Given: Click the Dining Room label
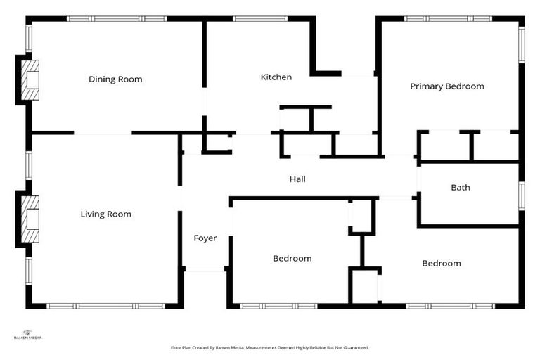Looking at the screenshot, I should click(115, 79).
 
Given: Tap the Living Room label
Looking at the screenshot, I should click(105, 214).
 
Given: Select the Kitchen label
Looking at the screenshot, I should click(276, 77).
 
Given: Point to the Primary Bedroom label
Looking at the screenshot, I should click(447, 86).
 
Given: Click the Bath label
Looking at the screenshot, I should click(461, 188).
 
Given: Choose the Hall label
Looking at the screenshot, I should click(297, 179).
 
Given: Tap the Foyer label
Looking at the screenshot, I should click(205, 238).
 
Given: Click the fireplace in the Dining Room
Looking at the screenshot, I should click(28, 79).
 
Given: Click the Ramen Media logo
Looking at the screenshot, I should click(27, 335).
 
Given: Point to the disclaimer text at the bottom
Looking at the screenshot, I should click(269, 347).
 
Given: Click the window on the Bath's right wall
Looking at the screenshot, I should click(521, 195).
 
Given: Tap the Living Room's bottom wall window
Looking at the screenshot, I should click(105, 306).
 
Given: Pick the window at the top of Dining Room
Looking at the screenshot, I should click(116, 19).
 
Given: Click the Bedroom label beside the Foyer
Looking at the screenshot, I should click(292, 258).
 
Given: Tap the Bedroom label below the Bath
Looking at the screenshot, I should click(441, 263).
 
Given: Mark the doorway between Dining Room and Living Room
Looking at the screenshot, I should click(103, 133).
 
